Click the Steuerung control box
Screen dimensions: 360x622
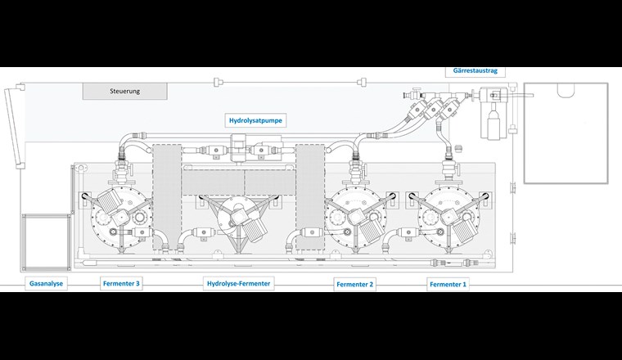[125, 91]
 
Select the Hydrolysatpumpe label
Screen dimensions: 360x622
[255, 120]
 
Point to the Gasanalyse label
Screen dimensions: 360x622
[46, 283]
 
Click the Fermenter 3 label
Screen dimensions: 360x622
[122, 283]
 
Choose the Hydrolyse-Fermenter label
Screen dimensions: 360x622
[238, 283]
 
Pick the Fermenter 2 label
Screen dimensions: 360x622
[354, 284]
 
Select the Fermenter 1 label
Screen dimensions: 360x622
[448, 284]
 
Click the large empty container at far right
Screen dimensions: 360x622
[564, 132]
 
